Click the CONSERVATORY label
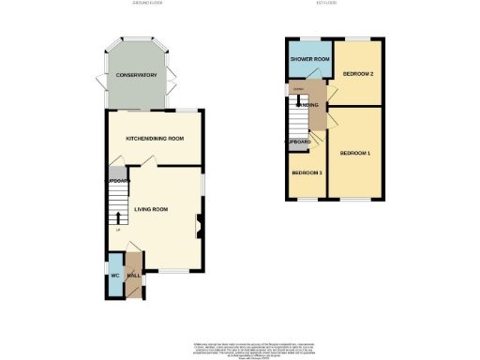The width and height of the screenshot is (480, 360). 136,75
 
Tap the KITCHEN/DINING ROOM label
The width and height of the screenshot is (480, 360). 155,138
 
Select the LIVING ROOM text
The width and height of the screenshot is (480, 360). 151,209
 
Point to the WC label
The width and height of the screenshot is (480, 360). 114,276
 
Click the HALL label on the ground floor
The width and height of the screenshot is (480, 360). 133,276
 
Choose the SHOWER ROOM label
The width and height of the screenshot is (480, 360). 309,59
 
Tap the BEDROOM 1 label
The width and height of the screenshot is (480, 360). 355,153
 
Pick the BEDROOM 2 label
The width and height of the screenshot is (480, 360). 358,73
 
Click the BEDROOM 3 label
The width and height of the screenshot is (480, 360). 307,173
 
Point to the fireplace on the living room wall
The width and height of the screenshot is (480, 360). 199,223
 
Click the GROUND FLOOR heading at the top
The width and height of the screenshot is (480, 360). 147,4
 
